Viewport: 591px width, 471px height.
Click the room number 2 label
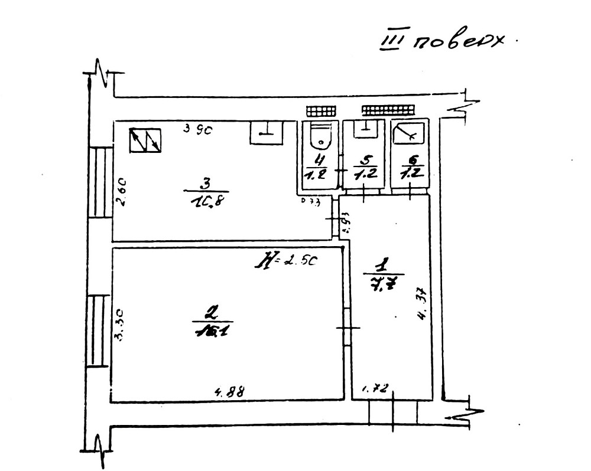pos(210,311)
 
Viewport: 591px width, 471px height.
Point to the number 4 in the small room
pos(320,159)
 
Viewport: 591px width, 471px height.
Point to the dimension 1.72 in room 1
pos(374,388)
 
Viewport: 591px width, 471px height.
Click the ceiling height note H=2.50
pos(286,260)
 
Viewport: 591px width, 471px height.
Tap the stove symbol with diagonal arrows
pos(146,140)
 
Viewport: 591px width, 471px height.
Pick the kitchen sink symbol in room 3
pos(267,132)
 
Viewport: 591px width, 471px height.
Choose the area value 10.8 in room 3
pos(206,201)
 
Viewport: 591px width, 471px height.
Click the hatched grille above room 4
pos(321,111)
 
